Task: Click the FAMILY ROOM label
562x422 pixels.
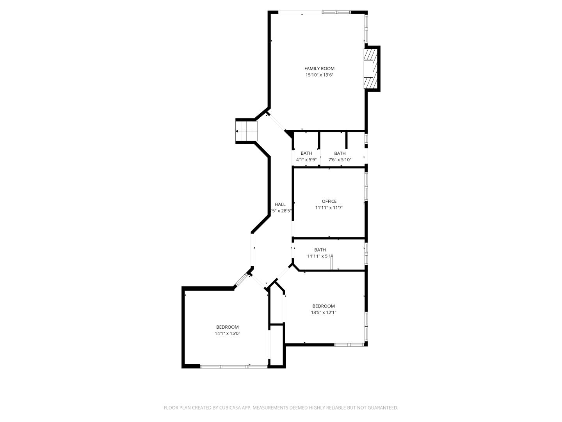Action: click(x=319, y=68)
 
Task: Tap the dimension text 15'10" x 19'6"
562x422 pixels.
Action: click(x=319, y=75)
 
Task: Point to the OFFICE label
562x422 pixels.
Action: click(x=329, y=201)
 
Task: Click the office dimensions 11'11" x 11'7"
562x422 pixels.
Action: click(x=329, y=208)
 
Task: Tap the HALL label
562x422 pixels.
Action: click(x=280, y=204)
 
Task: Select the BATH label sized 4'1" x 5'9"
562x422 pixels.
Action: click(x=306, y=153)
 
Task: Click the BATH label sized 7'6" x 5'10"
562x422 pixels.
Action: click(x=340, y=153)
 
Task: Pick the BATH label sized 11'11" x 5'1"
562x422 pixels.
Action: click(x=320, y=250)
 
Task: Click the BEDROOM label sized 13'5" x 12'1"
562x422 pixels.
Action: click(x=323, y=306)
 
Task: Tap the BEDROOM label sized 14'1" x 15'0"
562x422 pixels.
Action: click(x=227, y=327)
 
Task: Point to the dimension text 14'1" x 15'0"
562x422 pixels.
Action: click(x=227, y=334)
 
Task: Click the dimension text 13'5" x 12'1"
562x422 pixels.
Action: click(x=323, y=313)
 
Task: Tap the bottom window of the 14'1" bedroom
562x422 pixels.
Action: click(x=233, y=367)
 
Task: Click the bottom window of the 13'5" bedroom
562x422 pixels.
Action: click(x=349, y=345)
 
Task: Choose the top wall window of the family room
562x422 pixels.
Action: click(x=336, y=12)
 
